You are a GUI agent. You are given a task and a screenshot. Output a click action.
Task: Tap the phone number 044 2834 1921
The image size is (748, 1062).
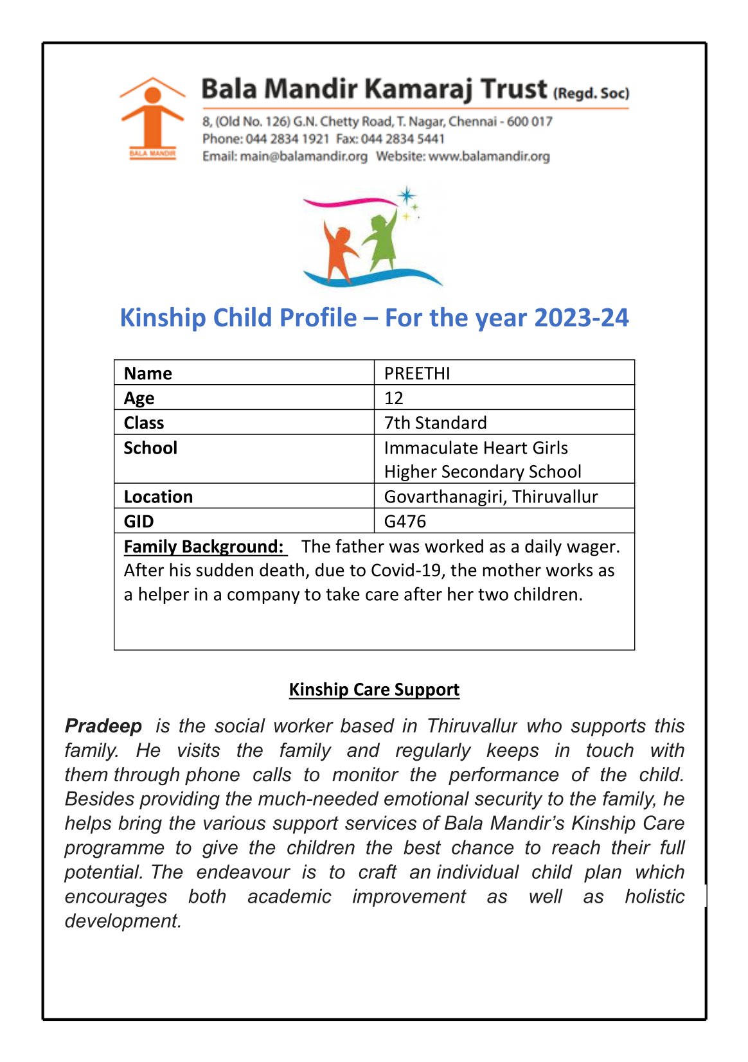click(287, 139)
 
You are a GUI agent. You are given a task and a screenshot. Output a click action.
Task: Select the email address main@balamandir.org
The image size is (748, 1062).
click(303, 156)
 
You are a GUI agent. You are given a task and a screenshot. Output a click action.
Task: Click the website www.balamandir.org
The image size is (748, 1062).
click(489, 156)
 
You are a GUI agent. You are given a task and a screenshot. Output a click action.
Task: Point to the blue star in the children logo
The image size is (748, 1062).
click(406, 195)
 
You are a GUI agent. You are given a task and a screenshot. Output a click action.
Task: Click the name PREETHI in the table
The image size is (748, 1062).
click(417, 373)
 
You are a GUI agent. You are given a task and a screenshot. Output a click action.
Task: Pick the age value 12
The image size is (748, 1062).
click(394, 398)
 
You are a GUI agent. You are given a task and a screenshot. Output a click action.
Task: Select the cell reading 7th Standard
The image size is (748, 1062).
click(435, 423)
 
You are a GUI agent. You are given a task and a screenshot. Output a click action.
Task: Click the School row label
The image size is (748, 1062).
click(150, 448)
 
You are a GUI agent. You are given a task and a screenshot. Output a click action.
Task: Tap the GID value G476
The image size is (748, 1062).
click(405, 521)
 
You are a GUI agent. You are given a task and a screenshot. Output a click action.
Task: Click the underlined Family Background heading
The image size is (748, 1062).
click(204, 546)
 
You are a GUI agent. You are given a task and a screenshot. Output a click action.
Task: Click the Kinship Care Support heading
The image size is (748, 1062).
click(374, 689)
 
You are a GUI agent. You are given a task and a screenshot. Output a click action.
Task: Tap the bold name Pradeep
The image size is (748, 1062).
click(103, 726)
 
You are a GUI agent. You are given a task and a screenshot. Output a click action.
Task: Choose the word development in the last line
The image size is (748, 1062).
click(123, 921)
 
